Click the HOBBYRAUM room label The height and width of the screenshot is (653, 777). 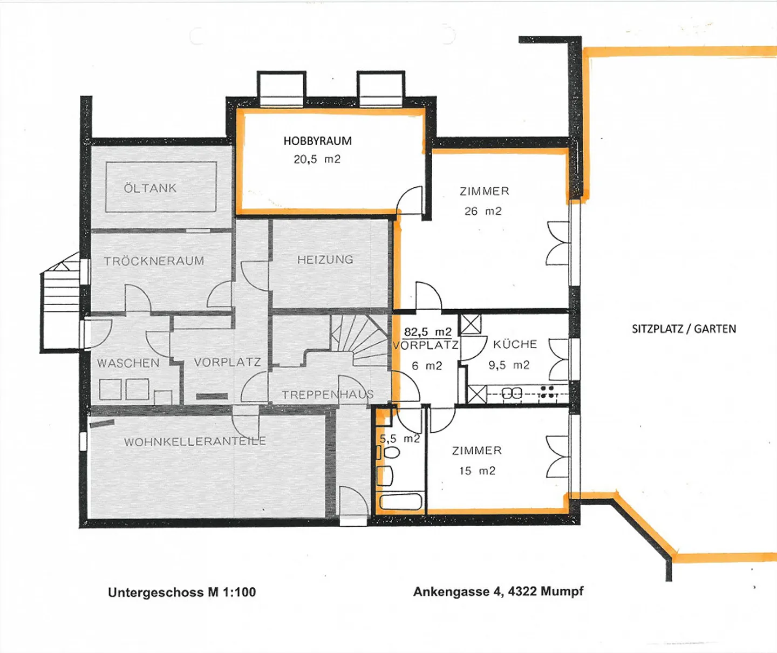coord(317,141)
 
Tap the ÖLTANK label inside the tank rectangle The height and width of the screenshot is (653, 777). coord(150,188)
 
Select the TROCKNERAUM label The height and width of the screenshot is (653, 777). coord(154,261)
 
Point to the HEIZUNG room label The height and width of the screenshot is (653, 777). coord(325,260)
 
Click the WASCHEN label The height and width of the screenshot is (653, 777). coord(128,363)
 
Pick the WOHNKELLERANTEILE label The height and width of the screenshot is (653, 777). coord(195,441)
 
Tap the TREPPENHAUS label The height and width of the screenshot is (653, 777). coord(328,395)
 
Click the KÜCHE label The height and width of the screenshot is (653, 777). coord(515,344)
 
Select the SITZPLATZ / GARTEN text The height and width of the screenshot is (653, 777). coord(684,329)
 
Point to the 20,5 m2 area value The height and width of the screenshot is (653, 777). coord(317,159)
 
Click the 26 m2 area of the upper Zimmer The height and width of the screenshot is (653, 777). coord(483,211)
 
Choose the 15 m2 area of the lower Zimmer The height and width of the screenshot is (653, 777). coord(477,471)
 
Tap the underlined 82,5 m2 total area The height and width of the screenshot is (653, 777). coord(427,331)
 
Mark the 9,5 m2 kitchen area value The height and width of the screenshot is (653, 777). coord(509,365)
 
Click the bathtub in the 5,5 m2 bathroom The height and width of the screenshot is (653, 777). coord(400,501)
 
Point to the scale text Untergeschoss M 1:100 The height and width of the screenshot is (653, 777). coord(182,592)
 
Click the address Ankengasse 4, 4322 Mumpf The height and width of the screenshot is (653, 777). coord(498,591)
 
